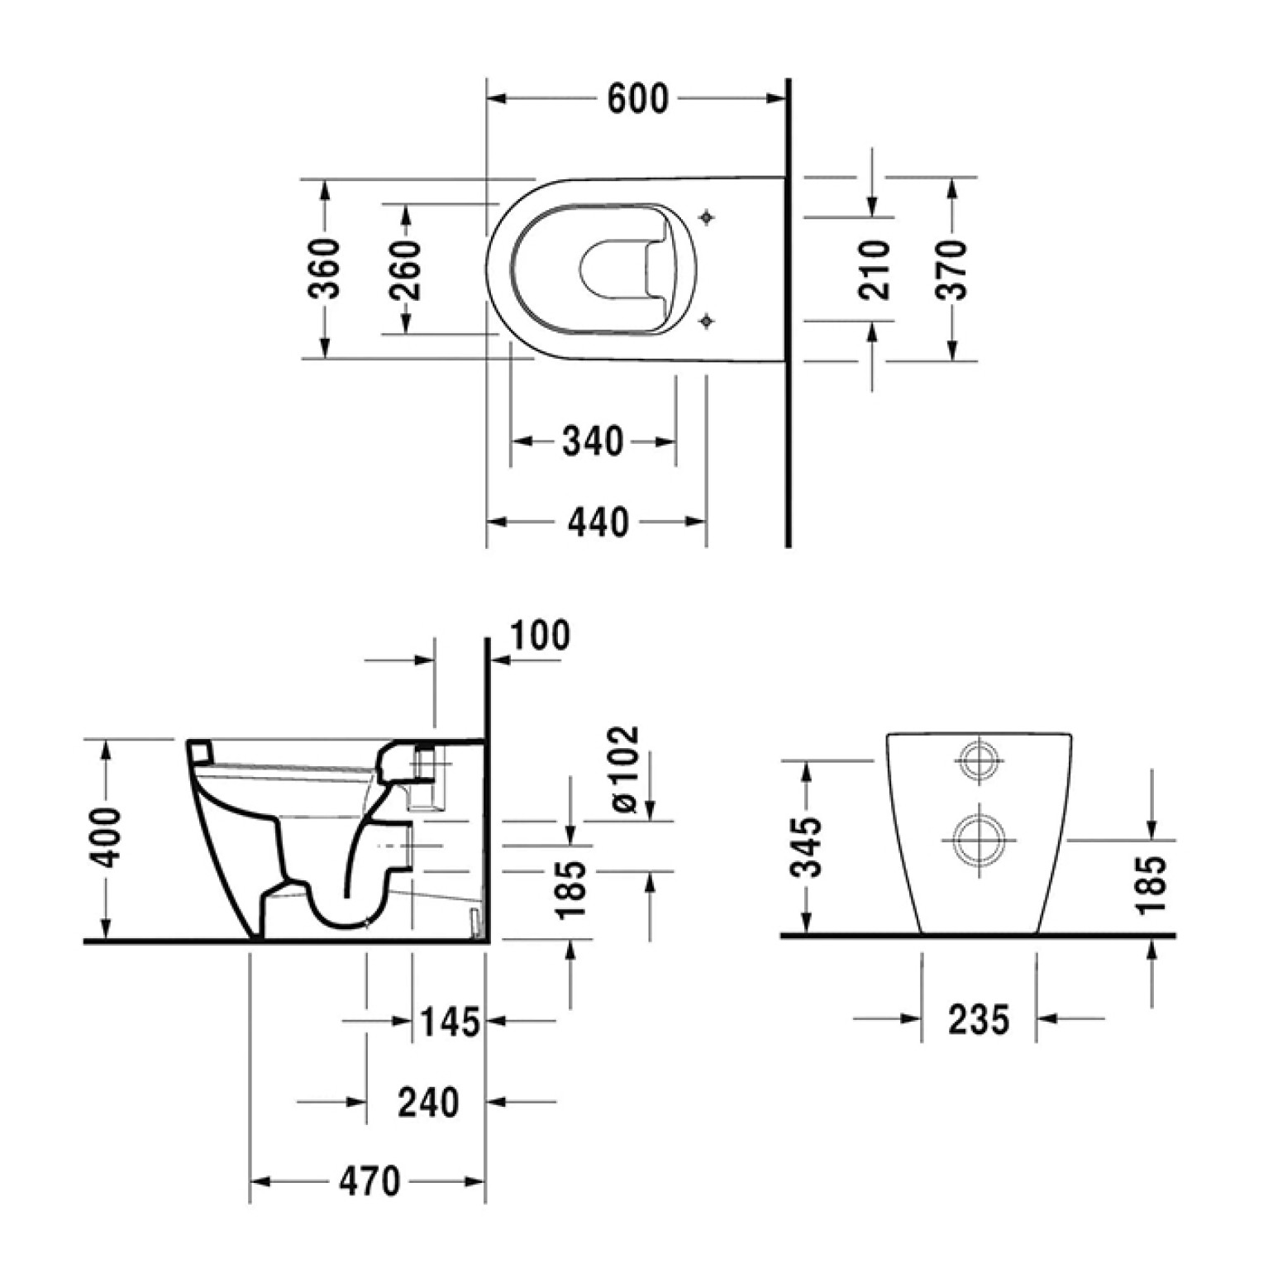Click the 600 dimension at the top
coord(637,99)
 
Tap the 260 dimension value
coord(406,269)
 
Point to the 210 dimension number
coord(874,269)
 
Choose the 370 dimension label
coord(952,269)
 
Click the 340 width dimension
coord(593,441)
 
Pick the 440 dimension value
coord(598,522)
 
